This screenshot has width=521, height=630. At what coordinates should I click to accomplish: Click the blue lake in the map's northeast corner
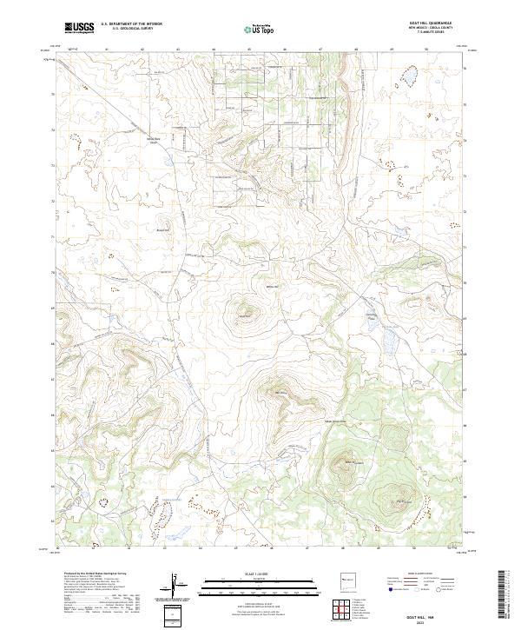[x=405, y=82]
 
